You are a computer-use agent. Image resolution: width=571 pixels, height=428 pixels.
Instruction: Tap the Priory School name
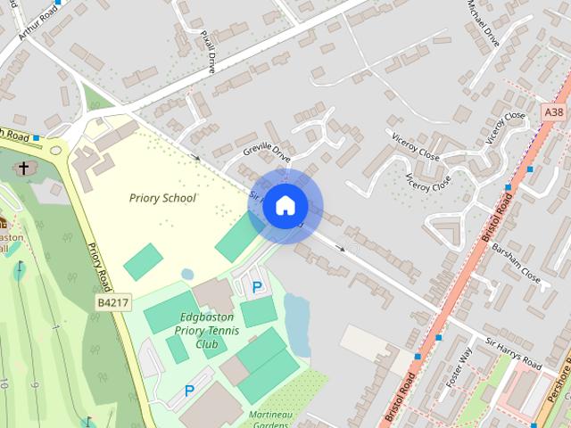[x=161, y=198]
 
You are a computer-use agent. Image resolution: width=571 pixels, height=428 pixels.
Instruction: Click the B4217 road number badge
[x=113, y=303]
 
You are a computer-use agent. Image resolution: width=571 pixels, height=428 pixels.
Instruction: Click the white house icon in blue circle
[x=285, y=206]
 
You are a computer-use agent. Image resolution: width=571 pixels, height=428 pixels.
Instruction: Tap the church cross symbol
[x=23, y=168]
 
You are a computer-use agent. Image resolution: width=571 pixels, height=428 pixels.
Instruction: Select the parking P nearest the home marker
[x=257, y=287]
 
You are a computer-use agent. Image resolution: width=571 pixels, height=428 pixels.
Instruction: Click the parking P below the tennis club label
[x=189, y=391]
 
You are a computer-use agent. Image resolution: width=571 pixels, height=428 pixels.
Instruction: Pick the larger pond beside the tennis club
[x=296, y=312]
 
